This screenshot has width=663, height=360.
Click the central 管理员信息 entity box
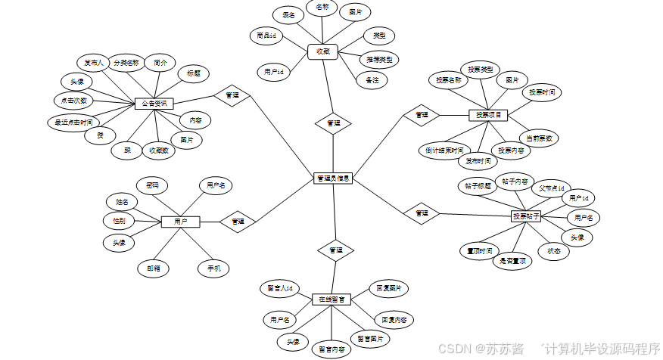(x=333, y=178)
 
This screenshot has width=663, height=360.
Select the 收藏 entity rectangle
(x=322, y=52)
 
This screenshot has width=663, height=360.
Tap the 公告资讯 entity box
(x=154, y=103)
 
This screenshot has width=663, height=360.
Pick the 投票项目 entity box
(x=488, y=115)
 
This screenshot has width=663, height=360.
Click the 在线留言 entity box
(x=332, y=299)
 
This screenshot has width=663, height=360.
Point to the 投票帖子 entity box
(x=527, y=216)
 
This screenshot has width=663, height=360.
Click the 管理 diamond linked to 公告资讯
(x=232, y=95)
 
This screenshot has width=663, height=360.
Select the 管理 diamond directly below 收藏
(x=333, y=123)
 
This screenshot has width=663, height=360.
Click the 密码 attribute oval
(x=151, y=185)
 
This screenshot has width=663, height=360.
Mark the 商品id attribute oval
(x=266, y=35)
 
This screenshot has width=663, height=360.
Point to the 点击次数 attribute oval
(x=73, y=100)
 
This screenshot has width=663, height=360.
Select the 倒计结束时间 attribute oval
(x=444, y=150)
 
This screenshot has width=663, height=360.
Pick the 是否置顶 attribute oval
(x=512, y=261)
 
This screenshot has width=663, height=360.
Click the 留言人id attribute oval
(x=280, y=288)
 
